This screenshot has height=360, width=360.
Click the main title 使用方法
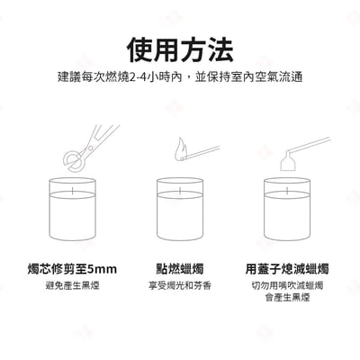click(x=180, y=48)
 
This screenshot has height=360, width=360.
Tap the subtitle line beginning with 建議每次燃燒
click(x=180, y=77)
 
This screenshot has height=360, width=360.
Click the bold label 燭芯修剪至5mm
click(x=72, y=268)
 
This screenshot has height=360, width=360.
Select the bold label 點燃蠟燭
click(x=180, y=268)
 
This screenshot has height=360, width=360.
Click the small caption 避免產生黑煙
click(x=72, y=285)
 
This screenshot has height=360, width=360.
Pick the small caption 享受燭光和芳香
click(x=180, y=285)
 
